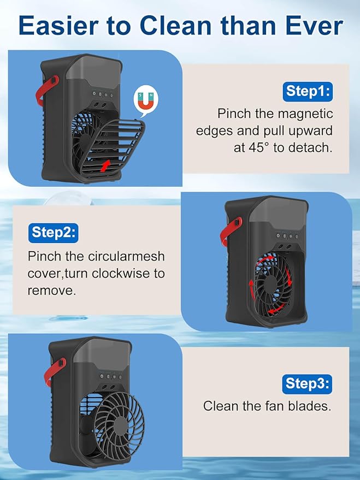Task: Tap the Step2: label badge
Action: coord(52,232)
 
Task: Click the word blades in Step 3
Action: coord(312,406)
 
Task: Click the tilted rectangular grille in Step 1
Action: coord(115,145)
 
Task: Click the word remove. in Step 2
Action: coord(52,290)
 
